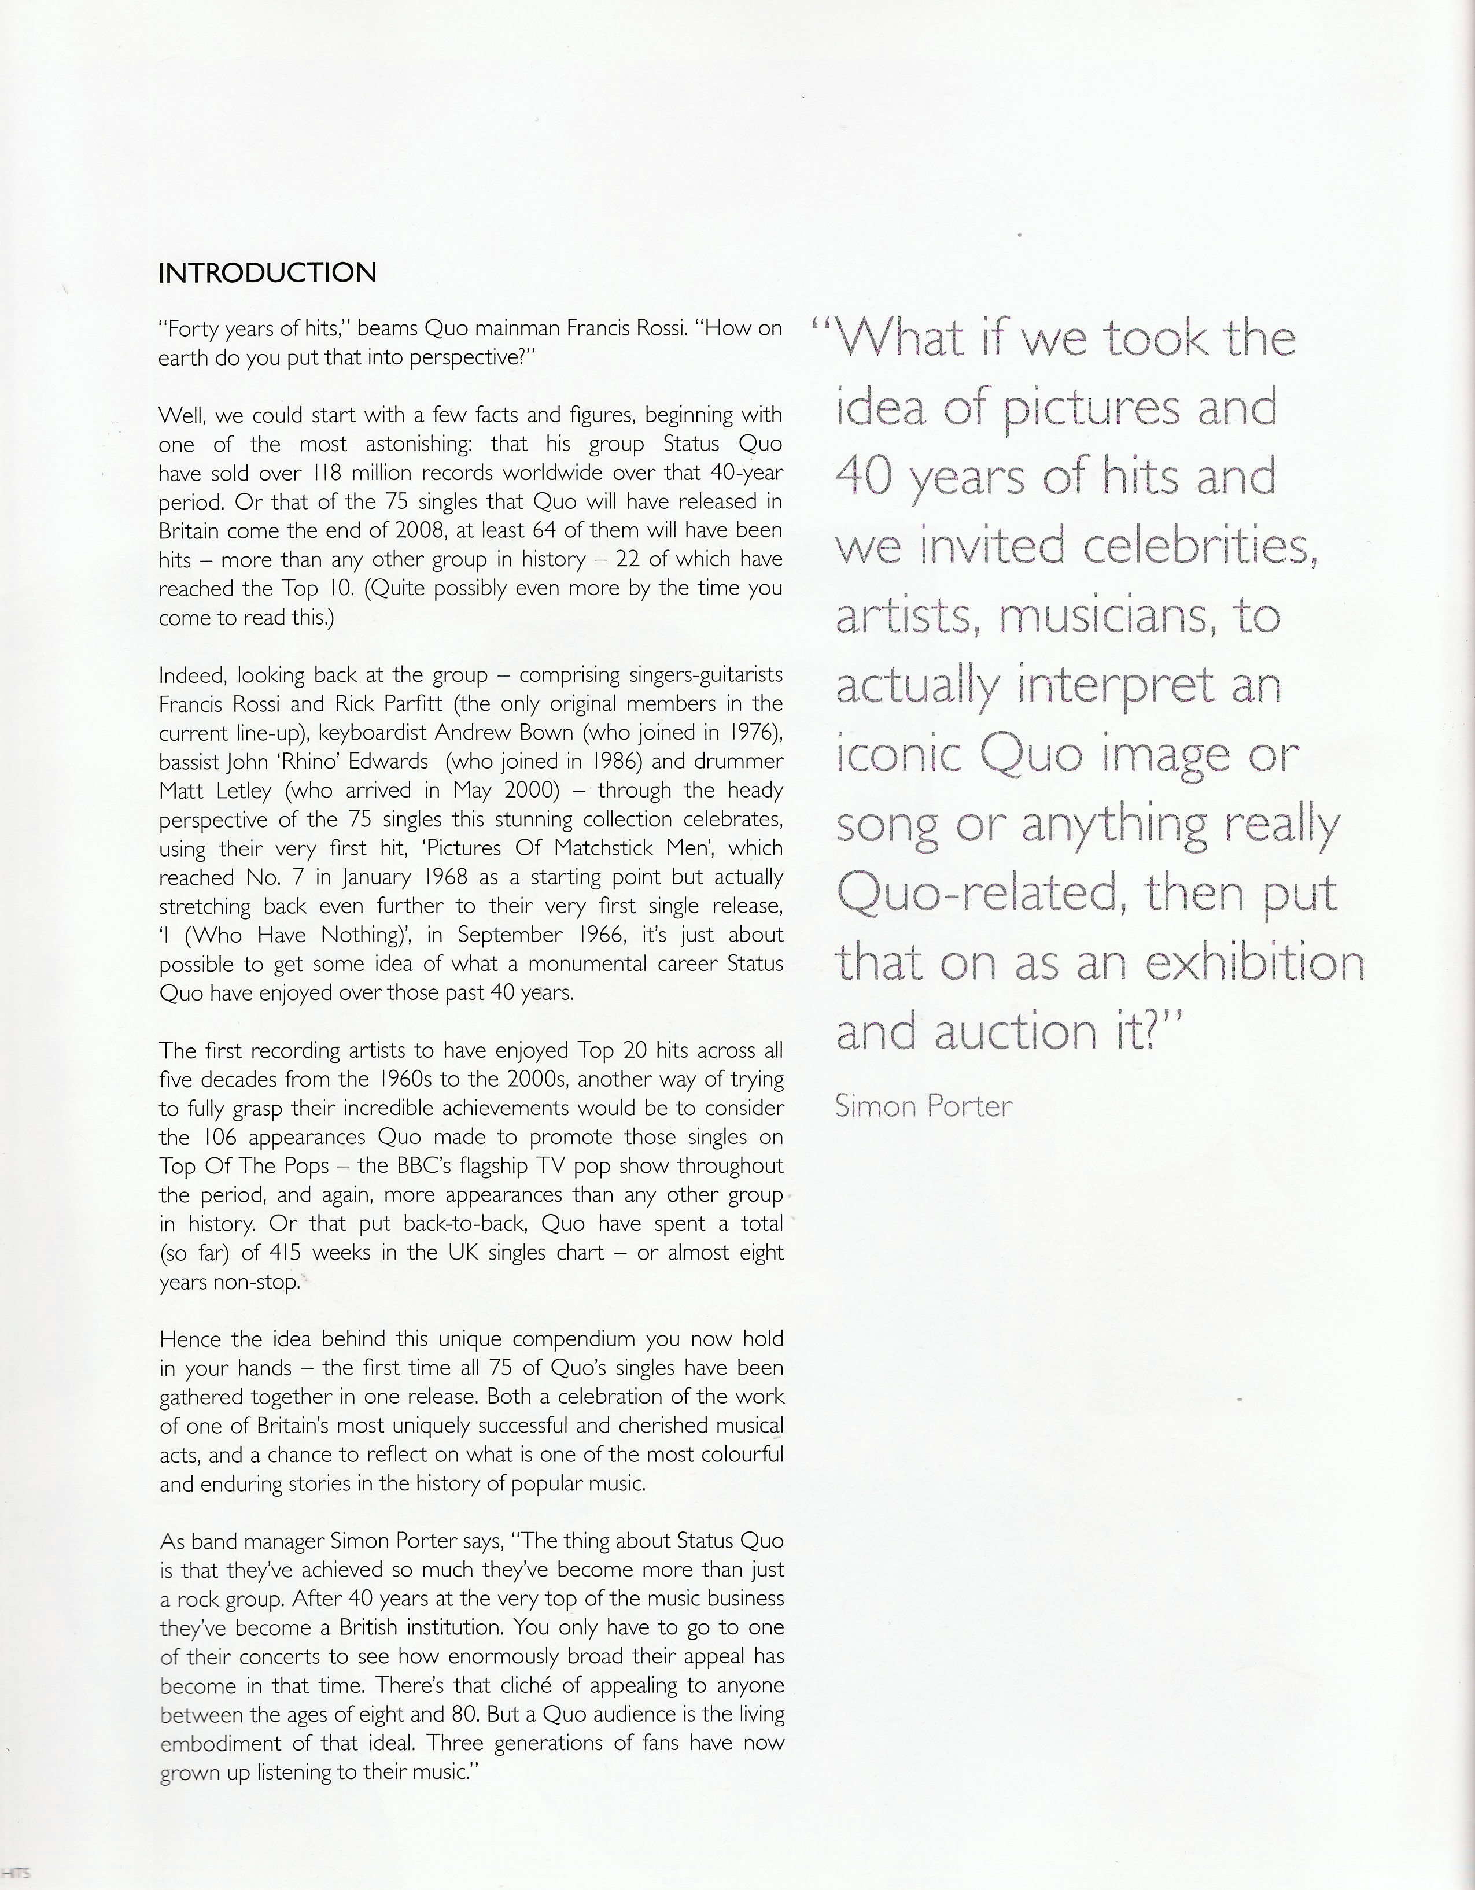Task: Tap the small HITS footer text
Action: pos(16,1873)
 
